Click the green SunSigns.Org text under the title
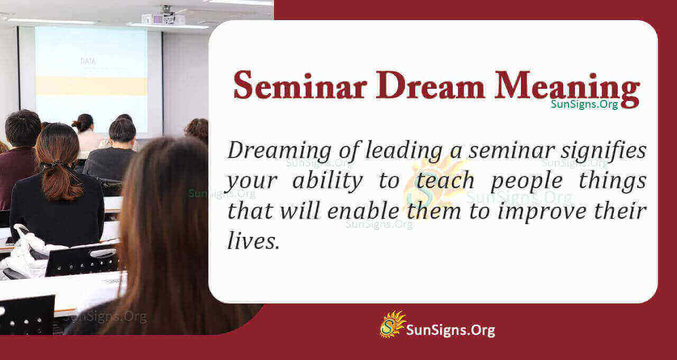pos(584,104)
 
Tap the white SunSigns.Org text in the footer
pos(450,330)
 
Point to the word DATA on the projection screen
pos(88,61)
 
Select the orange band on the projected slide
pos(91,86)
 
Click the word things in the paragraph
pos(616,181)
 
